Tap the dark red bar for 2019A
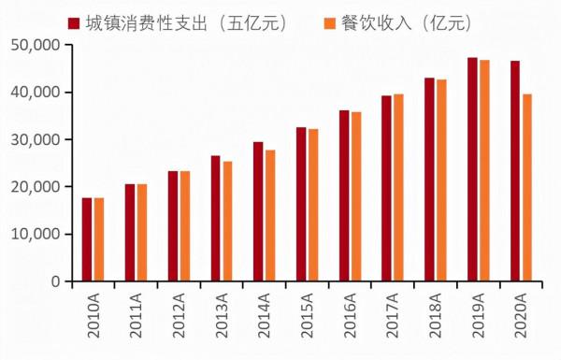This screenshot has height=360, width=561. point(472,169)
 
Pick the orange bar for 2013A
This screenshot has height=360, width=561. point(227,222)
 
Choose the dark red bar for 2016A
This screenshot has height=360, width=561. point(344,195)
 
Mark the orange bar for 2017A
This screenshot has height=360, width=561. point(398,187)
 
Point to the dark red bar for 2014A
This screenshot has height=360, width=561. point(258,211)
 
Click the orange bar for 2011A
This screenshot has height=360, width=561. point(141,233)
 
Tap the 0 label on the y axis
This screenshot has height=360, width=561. point(55,281)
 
